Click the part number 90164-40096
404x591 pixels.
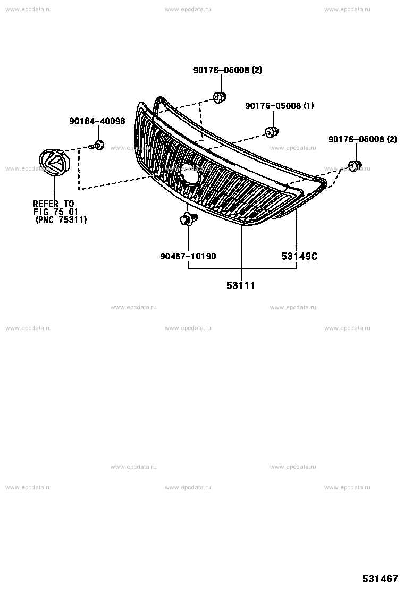[x=97, y=121]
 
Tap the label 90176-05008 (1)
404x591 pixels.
[x=279, y=106]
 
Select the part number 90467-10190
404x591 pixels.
[x=188, y=256]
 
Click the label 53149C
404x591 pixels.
[x=299, y=256]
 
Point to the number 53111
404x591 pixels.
[x=241, y=286]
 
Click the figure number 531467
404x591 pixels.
[x=380, y=579]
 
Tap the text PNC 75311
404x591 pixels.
[x=61, y=219]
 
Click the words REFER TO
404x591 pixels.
[x=54, y=204]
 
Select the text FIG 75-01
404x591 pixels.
[x=55, y=212]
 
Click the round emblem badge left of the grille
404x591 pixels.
[x=54, y=162]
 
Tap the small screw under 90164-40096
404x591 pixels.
[x=97, y=146]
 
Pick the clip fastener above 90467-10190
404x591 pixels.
[x=188, y=218]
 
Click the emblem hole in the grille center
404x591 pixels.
[x=188, y=174]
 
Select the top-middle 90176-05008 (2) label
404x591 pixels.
[x=228, y=70]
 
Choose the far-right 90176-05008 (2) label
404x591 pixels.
[x=363, y=139]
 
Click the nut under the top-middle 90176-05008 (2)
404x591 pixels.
[x=220, y=97]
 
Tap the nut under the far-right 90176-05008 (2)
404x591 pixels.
[x=355, y=166]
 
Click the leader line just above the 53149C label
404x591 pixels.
[x=296, y=229]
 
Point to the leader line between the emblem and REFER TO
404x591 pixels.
[x=54, y=188]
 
